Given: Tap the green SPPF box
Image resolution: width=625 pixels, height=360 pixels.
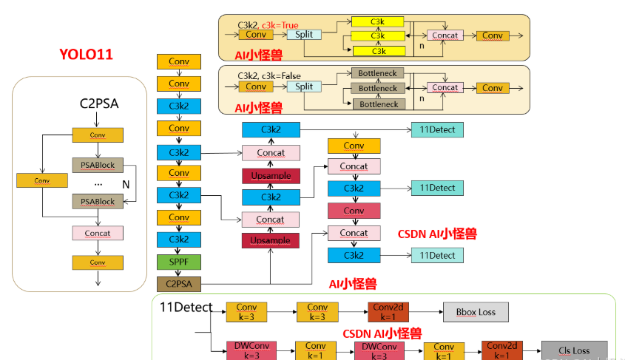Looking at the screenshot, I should (x=178, y=262).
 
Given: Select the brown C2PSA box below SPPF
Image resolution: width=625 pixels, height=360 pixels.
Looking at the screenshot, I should (x=178, y=283).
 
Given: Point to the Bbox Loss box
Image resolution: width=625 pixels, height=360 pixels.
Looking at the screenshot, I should (x=476, y=312).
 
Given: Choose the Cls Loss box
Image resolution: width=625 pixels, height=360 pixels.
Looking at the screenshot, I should (x=574, y=350).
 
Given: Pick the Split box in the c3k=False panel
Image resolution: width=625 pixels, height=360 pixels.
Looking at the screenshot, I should (x=304, y=86).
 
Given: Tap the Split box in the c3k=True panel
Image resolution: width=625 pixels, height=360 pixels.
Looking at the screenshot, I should (x=304, y=35).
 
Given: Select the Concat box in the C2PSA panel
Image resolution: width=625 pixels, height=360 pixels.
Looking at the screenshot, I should (x=98, y=233).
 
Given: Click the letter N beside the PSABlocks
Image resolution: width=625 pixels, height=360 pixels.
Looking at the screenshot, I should (x=126, y=183).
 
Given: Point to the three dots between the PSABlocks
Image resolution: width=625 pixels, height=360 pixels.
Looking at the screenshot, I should (x=98, y=183).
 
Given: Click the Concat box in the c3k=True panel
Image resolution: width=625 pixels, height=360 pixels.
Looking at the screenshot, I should (x=445, y=35).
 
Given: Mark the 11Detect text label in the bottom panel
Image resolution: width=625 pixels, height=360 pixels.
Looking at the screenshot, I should (x=186, y=308).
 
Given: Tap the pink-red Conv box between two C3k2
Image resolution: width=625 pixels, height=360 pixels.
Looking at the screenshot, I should (x=354, y=211).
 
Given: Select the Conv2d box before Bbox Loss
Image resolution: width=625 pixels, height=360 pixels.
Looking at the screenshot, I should (x=388, y=312).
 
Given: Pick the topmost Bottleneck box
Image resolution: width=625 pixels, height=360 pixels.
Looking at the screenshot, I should (x=378, y=73).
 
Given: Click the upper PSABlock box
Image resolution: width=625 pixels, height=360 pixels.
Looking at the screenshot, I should (x=98, y=164).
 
